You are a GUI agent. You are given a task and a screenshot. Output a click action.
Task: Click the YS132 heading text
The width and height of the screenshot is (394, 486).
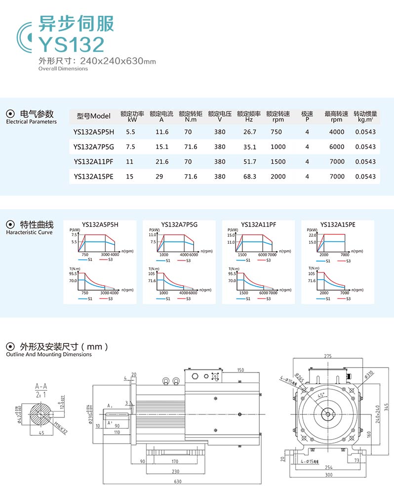click(x=72, y=44)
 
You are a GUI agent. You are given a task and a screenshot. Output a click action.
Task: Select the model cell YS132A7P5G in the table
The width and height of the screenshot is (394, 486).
click(x=93, y=147)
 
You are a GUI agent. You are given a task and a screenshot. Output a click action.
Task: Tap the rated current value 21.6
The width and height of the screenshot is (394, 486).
click(x=162, y=162)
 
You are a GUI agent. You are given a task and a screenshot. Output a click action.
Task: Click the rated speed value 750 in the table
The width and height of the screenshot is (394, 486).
click(x=276, y=132)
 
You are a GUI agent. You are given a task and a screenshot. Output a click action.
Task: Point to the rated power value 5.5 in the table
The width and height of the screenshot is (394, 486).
click(x=130, y=132)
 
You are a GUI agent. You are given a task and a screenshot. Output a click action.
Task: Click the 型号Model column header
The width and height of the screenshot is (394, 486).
click(x=94, y=116)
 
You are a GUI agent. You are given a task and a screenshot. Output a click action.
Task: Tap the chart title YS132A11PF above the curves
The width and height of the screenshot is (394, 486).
click(x=258, y=224)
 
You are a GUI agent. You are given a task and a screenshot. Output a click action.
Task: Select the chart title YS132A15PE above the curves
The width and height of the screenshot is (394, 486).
click(x=337, y=224)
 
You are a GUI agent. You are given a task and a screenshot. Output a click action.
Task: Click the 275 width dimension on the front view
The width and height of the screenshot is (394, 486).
click(x=328, y=356)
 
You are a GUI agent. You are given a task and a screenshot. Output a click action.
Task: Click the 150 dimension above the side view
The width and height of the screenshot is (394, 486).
click(x=240, y=370)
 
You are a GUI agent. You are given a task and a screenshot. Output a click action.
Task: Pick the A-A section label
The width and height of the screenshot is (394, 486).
click(x=40, y=386)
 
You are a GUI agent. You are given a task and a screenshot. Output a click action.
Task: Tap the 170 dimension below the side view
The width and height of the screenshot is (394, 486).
click(x=175, y=462)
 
